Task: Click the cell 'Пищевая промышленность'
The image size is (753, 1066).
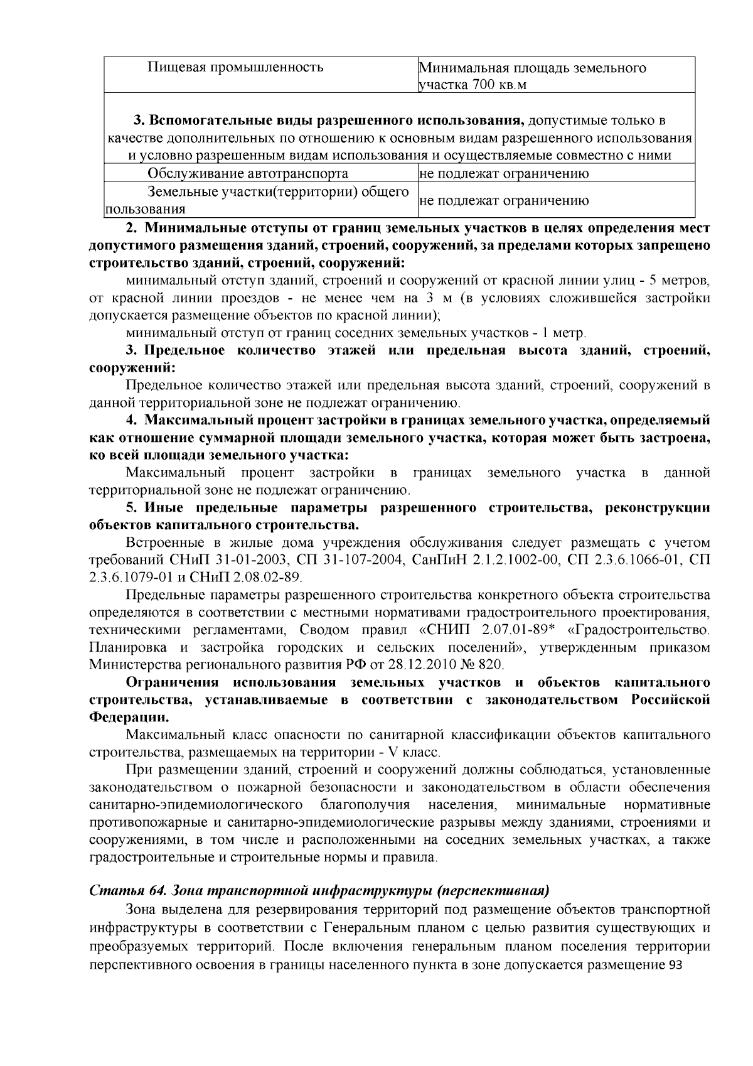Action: coord(235,67)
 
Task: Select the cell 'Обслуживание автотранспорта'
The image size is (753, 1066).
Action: coord(248,173)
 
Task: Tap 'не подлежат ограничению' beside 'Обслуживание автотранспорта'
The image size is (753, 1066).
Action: coord(504,173)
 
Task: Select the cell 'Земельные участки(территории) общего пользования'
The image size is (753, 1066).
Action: coord(257,200)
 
